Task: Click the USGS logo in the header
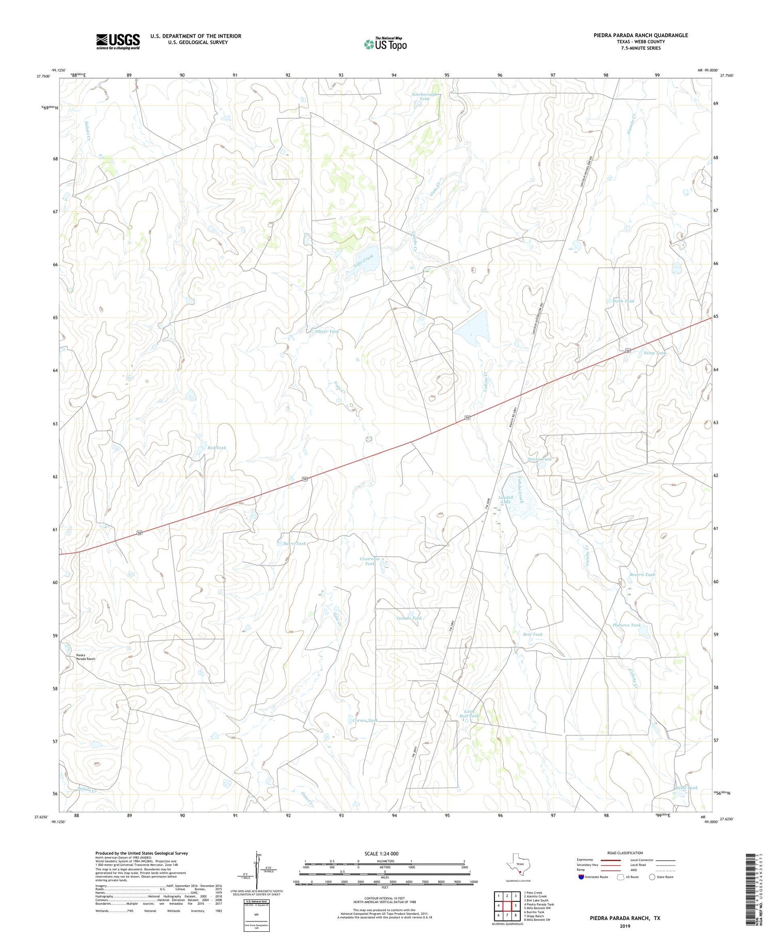click(x=118, y=41)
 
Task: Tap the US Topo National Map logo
click(x=385, y=44)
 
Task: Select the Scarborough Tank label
click(x=425, y=96)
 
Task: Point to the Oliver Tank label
click(x=327, y=331)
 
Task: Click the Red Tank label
click(x=216, y=448)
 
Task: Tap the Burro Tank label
click(x=295, y=543)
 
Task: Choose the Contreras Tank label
click(x=370, y=561)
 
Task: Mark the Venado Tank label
click(x=409, y=618)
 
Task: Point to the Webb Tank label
click(x=624, y=301)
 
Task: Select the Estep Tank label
click(x=655, y=353)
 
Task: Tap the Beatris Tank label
click(x=642, y=575)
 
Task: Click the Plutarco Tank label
click(x=627, y=625)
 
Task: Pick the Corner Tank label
click(x=365, y=720)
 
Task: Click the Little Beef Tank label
click(x=469, y=714)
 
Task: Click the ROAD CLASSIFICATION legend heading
click(x=625, y=853)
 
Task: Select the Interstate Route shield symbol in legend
click(x=581, y=877)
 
